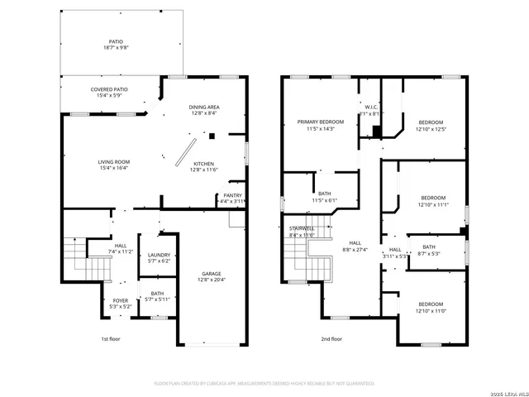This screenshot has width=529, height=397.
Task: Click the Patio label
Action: [116, 40]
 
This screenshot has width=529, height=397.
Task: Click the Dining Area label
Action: [203, 107]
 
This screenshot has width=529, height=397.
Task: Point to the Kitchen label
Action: [204, 164]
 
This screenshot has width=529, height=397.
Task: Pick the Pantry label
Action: [232, 195]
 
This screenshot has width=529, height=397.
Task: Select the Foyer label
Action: [121, 301]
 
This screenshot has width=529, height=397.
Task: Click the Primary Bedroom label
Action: [320, 122]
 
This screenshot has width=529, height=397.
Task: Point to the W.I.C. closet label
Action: [371, 107]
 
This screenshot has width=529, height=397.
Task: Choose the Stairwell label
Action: [302, 228]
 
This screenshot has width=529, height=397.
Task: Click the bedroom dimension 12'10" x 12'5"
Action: [431, 128]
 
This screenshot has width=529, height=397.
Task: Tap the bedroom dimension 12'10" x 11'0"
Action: [430, 310]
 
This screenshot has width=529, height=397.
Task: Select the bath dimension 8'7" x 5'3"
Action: [429, 253]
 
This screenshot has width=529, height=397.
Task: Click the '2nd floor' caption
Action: [332, 339]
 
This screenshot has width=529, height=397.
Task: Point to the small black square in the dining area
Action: [212, 136]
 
